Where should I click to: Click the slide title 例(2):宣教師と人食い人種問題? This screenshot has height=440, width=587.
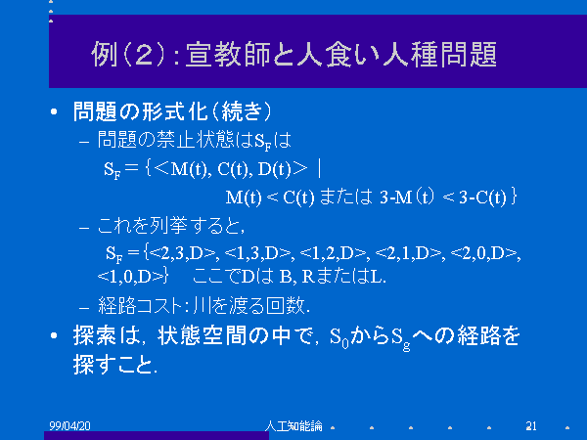click(x=293, y=54)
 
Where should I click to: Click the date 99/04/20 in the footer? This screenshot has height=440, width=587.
click(x=70, y=425)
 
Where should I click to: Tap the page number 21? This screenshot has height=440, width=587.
click(x=531, y=425)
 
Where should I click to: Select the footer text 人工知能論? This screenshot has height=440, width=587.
click(x=293, y=425)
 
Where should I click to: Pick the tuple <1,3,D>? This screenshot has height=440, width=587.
click(x=257, y=253)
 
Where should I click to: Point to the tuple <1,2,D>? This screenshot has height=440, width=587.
click(x=333, y=253)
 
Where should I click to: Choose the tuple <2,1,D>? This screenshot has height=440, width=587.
click(x=408, y=253)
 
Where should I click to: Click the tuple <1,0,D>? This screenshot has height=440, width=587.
click(x=131, y=277)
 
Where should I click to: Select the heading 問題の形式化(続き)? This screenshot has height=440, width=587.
click(x=172, y=111)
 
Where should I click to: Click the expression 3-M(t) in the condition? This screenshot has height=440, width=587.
click(x=407, y=197)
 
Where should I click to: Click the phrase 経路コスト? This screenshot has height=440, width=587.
click(x=140, y=306)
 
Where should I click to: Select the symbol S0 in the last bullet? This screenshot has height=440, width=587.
click(x=339, y=337)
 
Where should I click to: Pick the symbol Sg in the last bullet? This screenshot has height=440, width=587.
click(x=401, y=338)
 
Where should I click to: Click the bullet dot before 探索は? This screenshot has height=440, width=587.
click(x=54, y=335)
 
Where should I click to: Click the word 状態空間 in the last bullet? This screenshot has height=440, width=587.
click(x=203, y=335)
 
